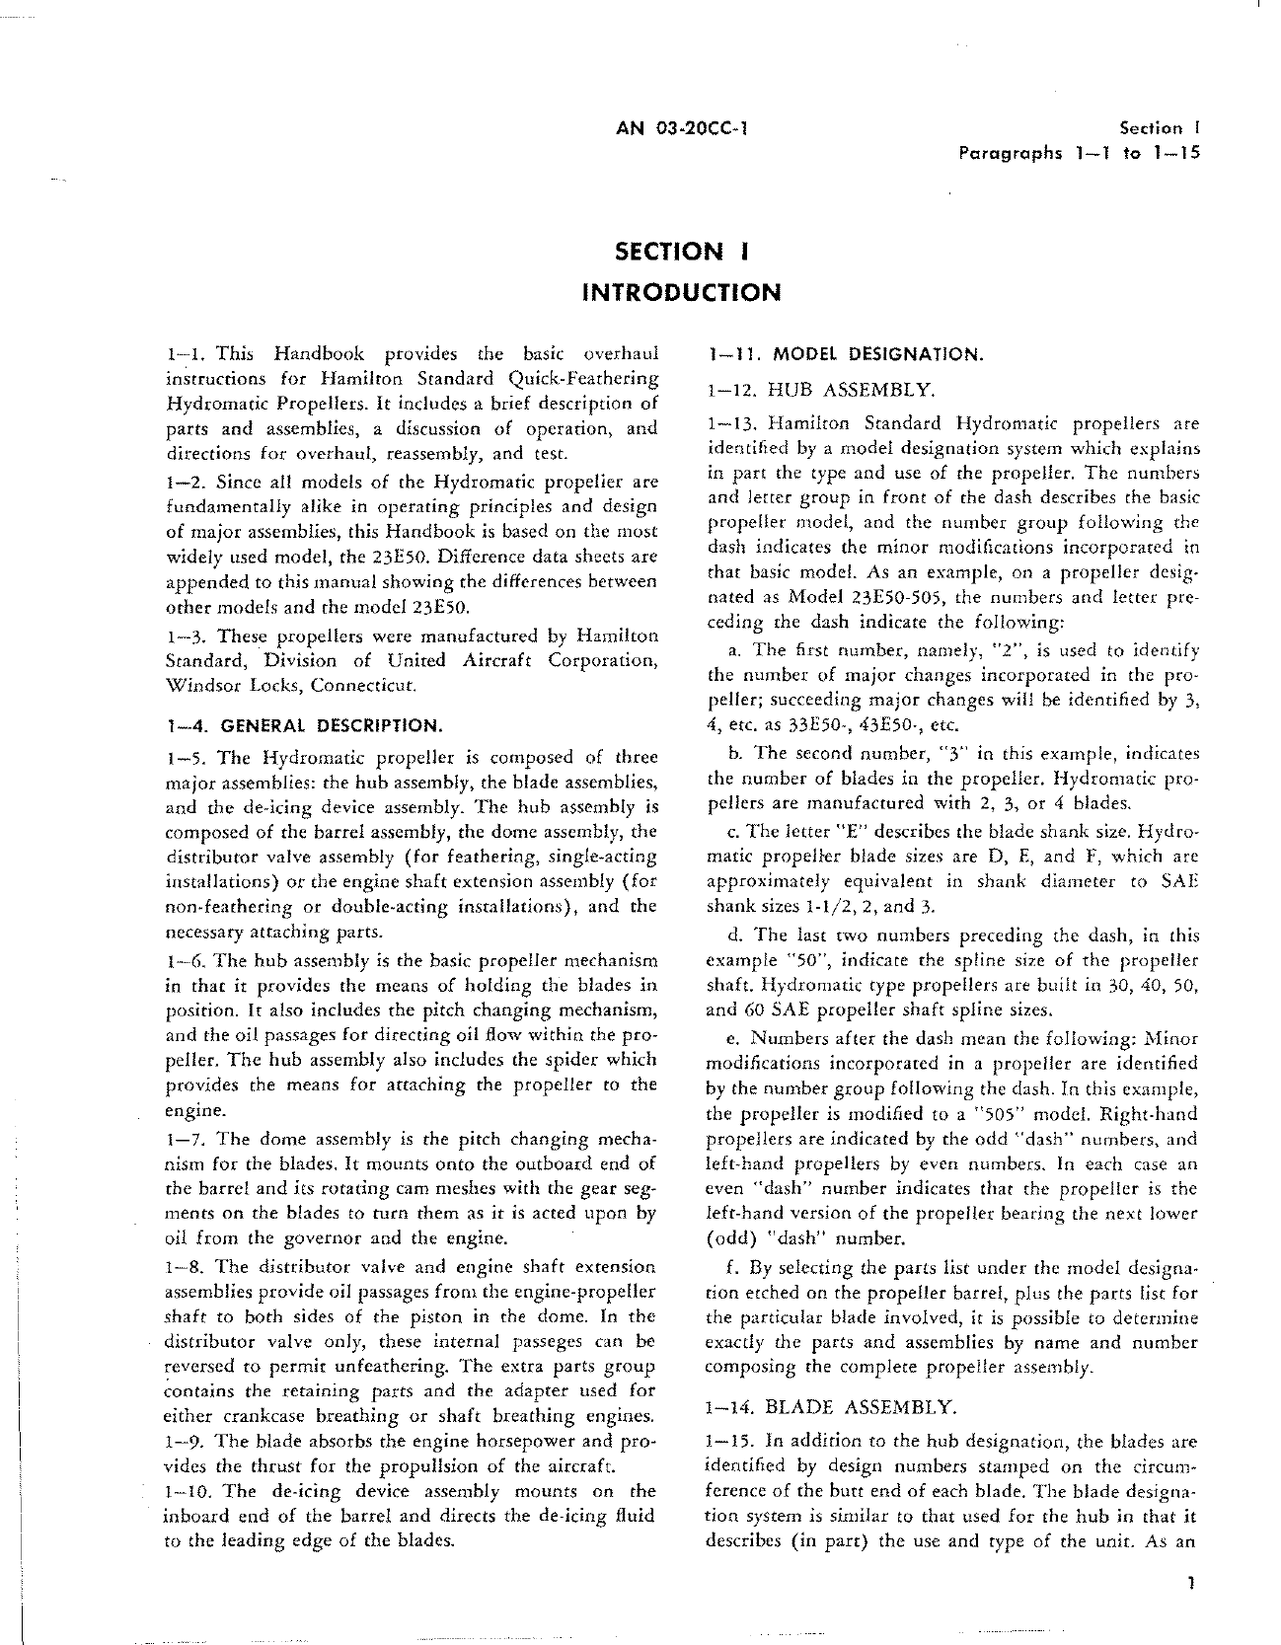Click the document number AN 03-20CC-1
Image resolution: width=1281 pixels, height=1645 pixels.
(x=680, y=127)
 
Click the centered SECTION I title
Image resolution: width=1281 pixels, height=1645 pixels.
(x=680, y=252)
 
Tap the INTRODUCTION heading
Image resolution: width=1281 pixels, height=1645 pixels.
(x=680, y=293)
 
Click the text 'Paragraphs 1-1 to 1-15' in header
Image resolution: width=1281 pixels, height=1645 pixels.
(x=1078, y=153)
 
